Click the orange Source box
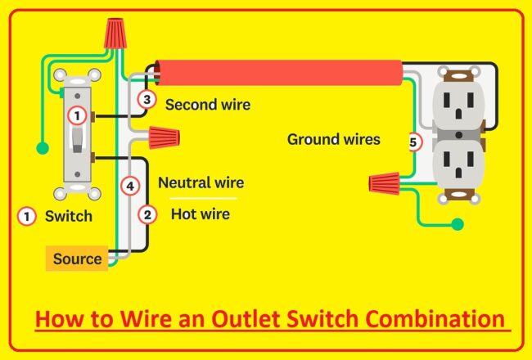point(78,259)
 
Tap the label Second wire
point(208,105)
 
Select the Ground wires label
point(333,139)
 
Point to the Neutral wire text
point(201,182)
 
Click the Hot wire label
point(200,214)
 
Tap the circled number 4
point(129,186)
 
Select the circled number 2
point(147,215)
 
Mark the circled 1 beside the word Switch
point(27,217)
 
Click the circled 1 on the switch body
point(76,116)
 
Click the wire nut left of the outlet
point(385,181)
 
